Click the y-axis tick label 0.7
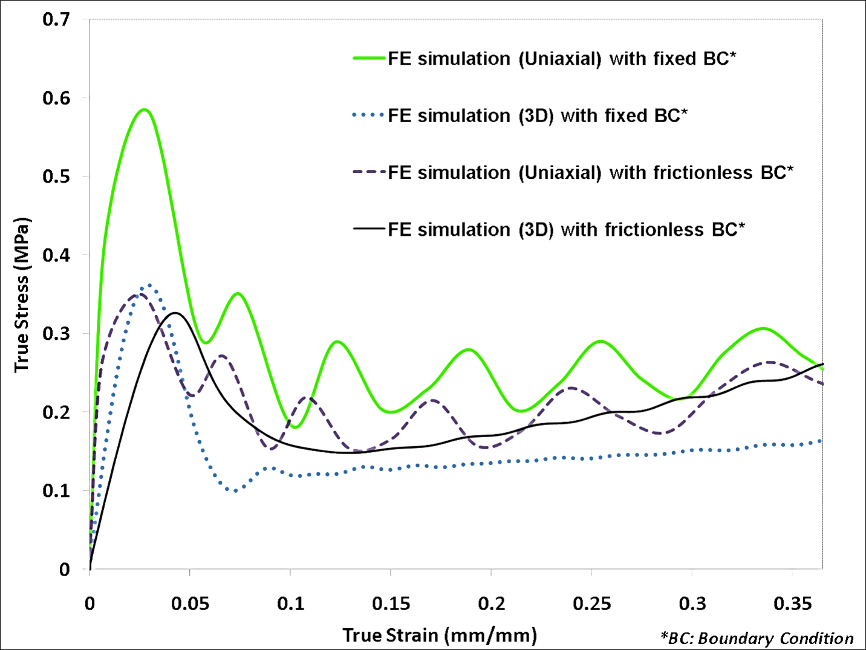56,19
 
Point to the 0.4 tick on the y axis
56,255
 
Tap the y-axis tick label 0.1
56,490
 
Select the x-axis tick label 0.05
190,603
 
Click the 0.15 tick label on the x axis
391,603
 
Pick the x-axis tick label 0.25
591,603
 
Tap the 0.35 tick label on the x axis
792,603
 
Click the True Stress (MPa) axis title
22,295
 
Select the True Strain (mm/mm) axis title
440,635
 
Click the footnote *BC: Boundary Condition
757,639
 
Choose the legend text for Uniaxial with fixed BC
562,59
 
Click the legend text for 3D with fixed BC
538,115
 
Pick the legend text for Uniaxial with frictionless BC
590,172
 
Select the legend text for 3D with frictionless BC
566,230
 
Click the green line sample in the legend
369,59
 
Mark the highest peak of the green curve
144,109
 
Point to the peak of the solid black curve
176,313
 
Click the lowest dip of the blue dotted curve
235,490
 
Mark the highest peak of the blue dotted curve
149,285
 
